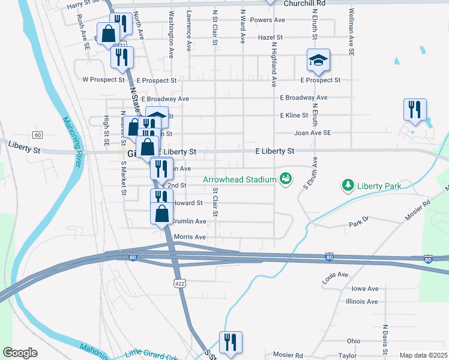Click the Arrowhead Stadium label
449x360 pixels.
pyautogui.click(x=239, y=179)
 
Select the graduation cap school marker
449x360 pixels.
pyautogui.click(x=318, y=59)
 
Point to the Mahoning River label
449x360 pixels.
pyautogui.click(x=73, y=145)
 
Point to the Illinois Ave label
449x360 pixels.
pyautogui.click(x=362, y=302)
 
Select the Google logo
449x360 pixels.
pyautogui.click(x=19, y=353)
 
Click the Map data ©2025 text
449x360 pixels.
pyautogui.click(x=423, y=355)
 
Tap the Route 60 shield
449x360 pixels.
pyautogui.click(x=37, y=134)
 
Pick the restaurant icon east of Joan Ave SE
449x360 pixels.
pyautogui.click(x=415, y=110)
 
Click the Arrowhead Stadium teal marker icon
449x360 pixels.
pyautogui.click(x=286, y=179)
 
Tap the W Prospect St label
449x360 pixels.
pyautogui.click(x=103, y=79)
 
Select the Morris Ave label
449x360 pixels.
pyautogui.click(x=189, y=237)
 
